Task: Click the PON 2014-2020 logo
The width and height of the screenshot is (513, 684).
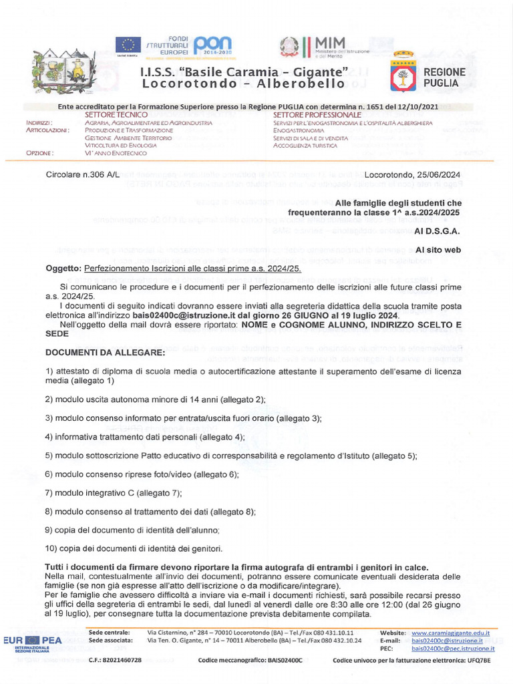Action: tap(212, 45)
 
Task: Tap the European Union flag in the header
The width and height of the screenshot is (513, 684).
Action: tap(126, 45)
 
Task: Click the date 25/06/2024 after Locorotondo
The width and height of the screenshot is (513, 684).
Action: tap(439, 174)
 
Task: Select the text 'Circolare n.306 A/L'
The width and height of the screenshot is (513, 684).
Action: tap(83, 174)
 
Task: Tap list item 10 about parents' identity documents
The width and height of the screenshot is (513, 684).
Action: tap(134, 548)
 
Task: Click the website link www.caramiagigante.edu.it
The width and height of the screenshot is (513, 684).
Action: tap(450, 632)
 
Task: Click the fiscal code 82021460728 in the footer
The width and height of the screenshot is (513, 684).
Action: tap(115, 660)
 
